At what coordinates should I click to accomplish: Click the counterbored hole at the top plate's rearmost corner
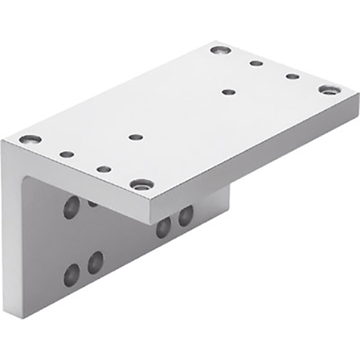(221, 50)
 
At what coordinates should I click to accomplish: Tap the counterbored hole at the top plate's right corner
(328, 89)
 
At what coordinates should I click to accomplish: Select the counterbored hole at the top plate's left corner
(30, 139)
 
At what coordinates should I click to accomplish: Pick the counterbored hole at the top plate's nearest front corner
(141, 183)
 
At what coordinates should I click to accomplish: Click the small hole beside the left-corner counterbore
(67, 154)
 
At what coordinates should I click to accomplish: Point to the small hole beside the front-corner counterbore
(104, 169)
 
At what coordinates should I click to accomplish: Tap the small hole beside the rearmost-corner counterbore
(257, 63)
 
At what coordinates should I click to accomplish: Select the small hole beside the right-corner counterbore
(293, 76)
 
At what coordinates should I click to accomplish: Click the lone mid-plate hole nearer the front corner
(136, 137)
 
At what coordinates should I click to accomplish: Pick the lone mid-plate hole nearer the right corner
(229, 92)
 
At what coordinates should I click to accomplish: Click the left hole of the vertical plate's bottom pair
(72, 274)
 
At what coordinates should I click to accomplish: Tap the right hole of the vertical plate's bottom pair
(95, 263)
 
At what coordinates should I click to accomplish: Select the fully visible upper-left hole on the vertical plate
(70, 207)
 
